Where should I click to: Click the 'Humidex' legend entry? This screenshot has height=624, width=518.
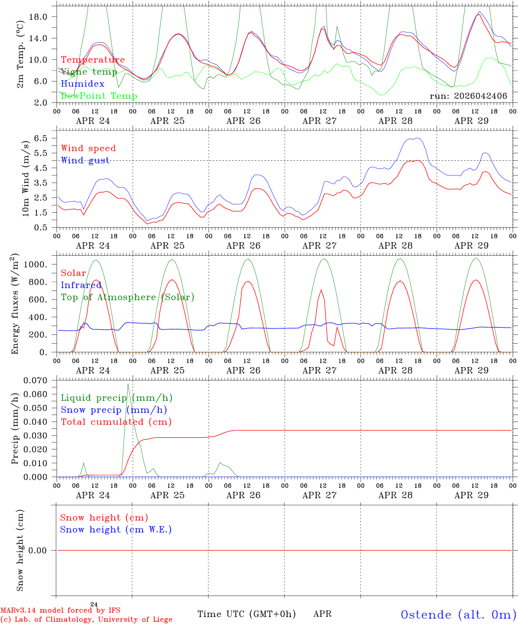tap(82, 84)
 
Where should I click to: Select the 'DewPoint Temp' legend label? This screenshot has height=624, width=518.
tap(99, 96)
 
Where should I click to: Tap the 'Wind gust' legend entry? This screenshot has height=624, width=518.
tap(85, 160)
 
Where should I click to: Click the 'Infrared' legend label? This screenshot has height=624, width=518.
tap(81, 285)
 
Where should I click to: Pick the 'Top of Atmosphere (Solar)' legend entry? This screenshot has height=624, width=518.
tap(128, 297)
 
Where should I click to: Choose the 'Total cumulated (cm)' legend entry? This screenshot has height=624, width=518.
tap(116, 422)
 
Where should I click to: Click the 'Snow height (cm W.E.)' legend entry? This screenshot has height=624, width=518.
tap(116, 529)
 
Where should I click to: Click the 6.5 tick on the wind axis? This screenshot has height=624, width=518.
tap(40, 138)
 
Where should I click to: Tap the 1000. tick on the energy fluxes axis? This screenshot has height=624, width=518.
tap(36, 264)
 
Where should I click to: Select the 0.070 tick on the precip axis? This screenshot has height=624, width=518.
tap(35, 380)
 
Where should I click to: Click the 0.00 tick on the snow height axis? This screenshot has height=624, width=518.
tap(37, 550)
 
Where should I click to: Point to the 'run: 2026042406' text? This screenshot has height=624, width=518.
tap(468, 96)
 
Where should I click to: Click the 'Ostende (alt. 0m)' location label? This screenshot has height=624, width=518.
tap(459, 614)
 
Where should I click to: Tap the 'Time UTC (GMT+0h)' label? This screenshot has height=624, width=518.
tap(246, 614)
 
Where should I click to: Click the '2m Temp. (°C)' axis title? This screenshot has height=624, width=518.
tap(20, 55)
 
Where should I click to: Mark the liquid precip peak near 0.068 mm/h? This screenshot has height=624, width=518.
tap(128, 383)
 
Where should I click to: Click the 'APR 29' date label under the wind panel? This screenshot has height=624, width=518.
tap(471, 246)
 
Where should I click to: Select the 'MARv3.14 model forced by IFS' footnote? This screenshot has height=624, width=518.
tap(60, 610)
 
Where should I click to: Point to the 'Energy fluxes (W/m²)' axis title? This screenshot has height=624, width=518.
tap(15, 304)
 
